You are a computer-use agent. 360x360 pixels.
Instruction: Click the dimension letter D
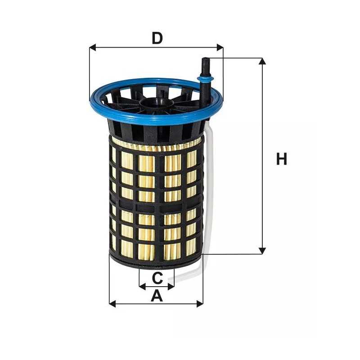point(157,38)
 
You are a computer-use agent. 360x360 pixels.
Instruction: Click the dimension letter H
point(282,159)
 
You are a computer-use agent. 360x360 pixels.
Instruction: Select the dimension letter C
point(157,278)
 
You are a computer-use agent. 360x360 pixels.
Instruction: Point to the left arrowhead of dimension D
point(92,47)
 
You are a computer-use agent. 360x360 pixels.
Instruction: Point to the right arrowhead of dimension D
point(220,47)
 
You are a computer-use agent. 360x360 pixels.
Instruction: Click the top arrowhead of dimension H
point(262,61)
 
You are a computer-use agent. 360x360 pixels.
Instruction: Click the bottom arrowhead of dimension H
point(262,251)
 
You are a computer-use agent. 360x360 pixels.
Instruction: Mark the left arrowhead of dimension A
point(112,304)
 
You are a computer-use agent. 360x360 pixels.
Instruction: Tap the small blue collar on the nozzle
point(205,80)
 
